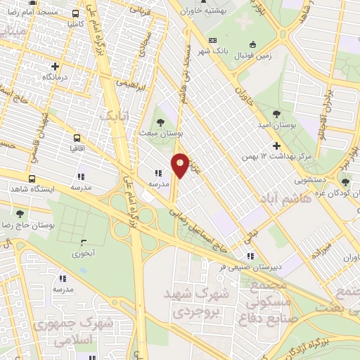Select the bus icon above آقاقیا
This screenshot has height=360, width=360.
pyautogui.click(x=77, y=139)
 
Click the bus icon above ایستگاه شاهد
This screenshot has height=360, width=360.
pyautogui.click(x=32, y=179)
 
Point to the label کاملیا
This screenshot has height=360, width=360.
pyautogui.click(x=67, y=24)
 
